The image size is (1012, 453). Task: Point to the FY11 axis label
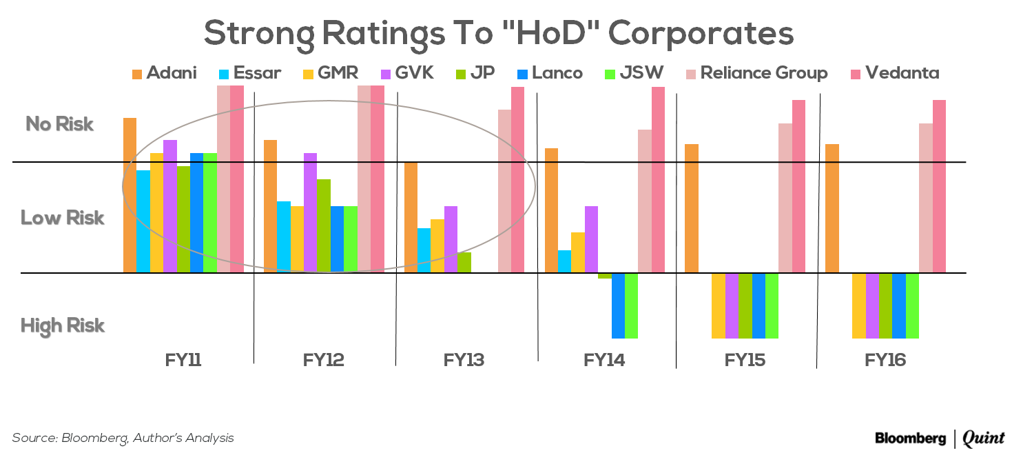pos(183,360)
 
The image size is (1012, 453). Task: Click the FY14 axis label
pos(604,360)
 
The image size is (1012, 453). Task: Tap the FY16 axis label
pos(885,360)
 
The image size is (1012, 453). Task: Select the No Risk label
pos(60,125)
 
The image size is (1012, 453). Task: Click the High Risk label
pos(63,325)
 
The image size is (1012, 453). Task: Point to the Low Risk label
pos(63,218)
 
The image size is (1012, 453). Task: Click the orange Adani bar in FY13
pos(411,217)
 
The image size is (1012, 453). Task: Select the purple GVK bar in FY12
pos(310,212)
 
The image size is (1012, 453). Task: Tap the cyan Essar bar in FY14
pos(564,261)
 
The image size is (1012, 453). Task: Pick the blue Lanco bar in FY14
pos(618,305)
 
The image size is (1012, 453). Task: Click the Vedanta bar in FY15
pos(798,186)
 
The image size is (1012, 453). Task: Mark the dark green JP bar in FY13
pos(464,263)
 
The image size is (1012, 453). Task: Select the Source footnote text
pos(123,438)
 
